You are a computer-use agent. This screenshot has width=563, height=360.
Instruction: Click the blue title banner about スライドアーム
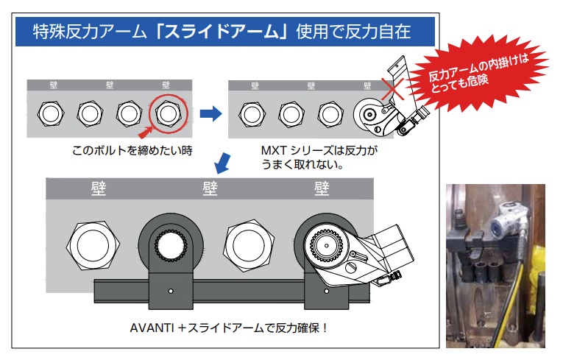click(x=225, y=31)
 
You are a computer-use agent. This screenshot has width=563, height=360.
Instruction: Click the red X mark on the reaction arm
click(x=392, y=89)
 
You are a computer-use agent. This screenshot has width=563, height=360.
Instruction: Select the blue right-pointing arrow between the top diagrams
click(x=210, y=113)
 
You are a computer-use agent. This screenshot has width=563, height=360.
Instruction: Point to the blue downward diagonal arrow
click(x=222, y=163)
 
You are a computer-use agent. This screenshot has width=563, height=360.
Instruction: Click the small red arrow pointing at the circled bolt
click(x=146, y=133)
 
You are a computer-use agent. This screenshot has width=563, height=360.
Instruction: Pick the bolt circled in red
click(x=168, y=113)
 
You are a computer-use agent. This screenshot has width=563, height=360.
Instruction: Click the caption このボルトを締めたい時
click(x=132, y=150)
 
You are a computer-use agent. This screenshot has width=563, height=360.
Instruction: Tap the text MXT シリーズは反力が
click(x=319, y=150)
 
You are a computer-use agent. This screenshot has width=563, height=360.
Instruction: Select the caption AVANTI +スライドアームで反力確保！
click(x=229, y=328)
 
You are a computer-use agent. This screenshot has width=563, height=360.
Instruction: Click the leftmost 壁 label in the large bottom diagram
click(x=99, y=188)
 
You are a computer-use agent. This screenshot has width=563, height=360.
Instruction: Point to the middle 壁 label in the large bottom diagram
click(x=210, y=188)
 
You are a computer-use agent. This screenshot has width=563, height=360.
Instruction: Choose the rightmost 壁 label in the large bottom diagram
click(x=322, y=188)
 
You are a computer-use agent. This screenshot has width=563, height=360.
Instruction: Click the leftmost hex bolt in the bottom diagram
click(x=93, y=246)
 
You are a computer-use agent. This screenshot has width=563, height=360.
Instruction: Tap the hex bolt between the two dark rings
click(x=249, y=246)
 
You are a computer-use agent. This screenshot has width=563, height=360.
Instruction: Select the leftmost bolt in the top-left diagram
click(x=51, y=113)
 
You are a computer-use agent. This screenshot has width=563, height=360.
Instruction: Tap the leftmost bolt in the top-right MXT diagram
click(x=252, y=115)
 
